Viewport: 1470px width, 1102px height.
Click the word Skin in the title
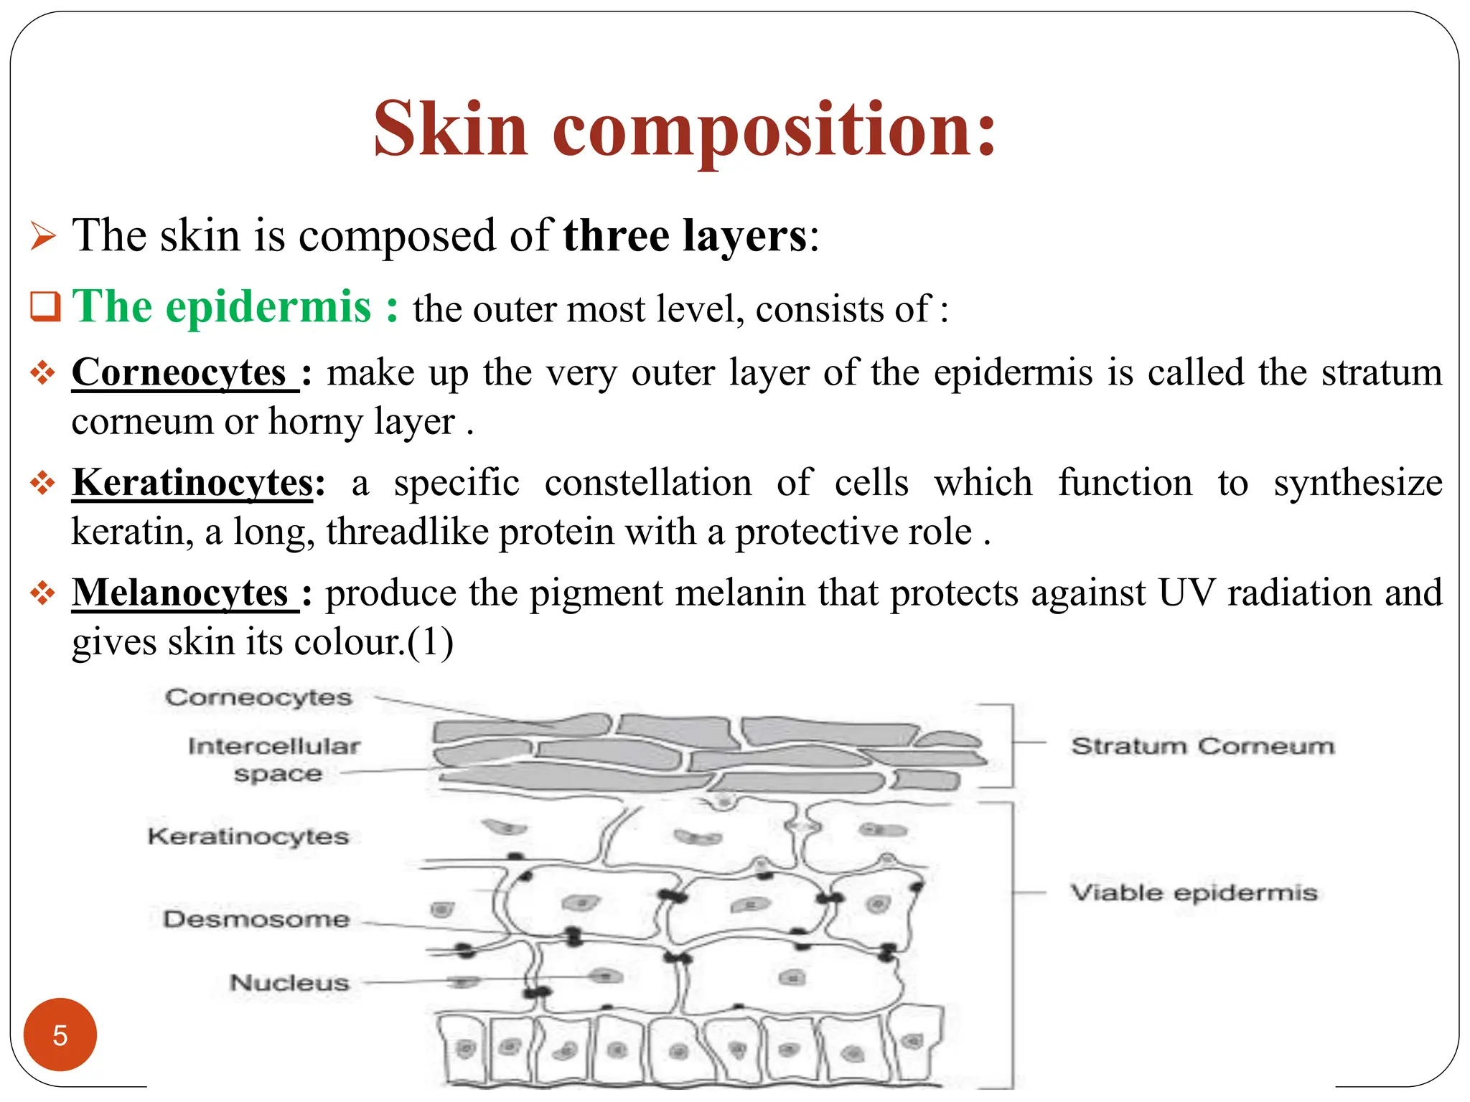pos(451,129)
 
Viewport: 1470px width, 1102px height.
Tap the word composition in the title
pos(774,129)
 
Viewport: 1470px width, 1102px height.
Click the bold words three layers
pos(685,236)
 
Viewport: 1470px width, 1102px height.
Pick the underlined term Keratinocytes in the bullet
pos(192,483)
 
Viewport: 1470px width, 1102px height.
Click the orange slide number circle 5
pos(60,1035)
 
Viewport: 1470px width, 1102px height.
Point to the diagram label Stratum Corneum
pos(1202,746)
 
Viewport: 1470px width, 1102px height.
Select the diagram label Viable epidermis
pos(1194,893)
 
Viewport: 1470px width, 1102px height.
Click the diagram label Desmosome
pos(256,919)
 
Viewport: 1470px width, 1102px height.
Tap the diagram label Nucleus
pos(289,982)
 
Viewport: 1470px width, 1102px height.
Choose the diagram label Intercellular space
pos(275,759)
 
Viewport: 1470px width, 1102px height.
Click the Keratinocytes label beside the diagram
pos(248,836)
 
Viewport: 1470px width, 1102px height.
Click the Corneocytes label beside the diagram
pos(258,697)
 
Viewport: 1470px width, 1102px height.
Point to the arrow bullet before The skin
pos(43,237)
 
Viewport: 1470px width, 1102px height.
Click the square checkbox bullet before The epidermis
pos(45,306)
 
